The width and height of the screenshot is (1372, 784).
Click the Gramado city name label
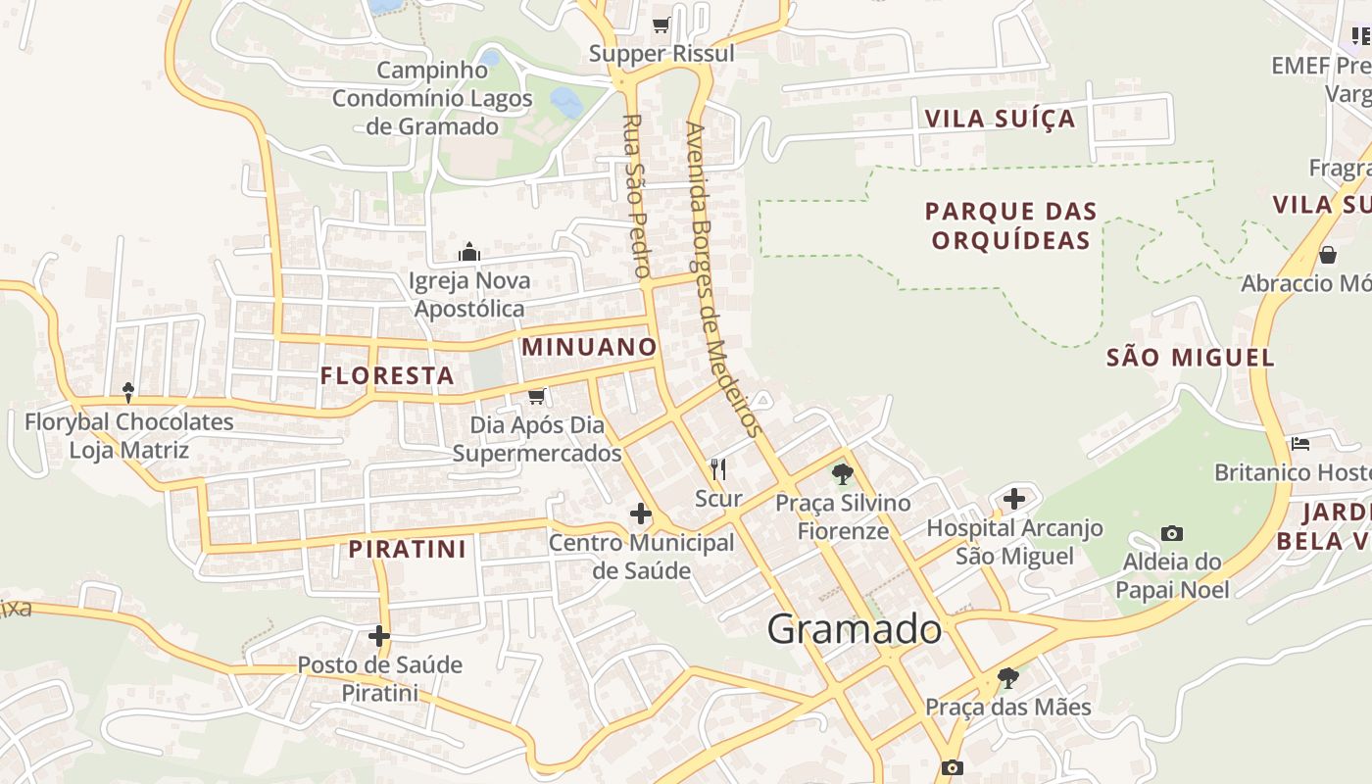[x=855, y=629]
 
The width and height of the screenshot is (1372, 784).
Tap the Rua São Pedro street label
[x=637, y=196]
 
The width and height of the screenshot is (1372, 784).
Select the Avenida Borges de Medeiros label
[x=723, y=279]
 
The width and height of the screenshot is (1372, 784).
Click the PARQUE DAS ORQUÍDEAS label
[x=1010, y=226]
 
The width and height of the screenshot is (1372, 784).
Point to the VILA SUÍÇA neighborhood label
[x=1001, y=120]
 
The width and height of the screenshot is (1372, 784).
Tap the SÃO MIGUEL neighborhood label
[x=1191, y=358]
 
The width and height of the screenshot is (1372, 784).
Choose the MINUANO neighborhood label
[x=589, y=347]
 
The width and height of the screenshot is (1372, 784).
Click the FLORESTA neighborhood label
[x=387, y=375]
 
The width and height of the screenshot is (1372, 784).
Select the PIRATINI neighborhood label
[x=408, y=549]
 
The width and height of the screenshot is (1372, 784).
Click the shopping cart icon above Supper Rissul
[x=661, y=24]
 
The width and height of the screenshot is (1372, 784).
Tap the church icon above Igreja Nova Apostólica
[x=469, y=253]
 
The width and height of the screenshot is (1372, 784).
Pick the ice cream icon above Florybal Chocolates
[x=128, y=393]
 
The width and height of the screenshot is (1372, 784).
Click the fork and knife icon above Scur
[x=718, y=469]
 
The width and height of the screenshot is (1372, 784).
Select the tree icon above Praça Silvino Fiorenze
[x=842, y=475]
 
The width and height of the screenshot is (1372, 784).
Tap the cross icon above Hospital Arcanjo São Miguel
[x=1014, y=499]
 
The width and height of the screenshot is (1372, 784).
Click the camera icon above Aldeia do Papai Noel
[x=1172, y=534]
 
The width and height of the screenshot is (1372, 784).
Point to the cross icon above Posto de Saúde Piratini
[x=379, y=636]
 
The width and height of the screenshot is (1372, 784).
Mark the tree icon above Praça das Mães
[x=1007, y=677]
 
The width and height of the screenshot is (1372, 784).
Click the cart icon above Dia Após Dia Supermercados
[x=536, y=397]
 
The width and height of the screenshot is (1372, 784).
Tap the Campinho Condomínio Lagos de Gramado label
[x=432, y=98]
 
